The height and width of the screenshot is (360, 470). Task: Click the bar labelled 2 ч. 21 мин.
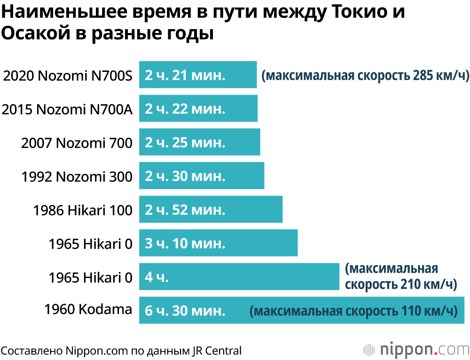pyautogui.click(x=198, y=75)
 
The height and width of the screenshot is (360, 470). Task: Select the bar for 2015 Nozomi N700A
pyautogui.click(x=198, y=109)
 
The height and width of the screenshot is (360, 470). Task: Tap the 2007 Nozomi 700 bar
pyautogui.click(x=200, y=142)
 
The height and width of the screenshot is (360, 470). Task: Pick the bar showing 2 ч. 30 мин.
pyautogui.click(x=202, y=176)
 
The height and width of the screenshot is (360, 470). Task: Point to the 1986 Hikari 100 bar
pyautogui.click(x=211, y=210)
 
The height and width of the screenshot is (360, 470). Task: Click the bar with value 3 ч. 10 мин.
pyautogui.click(x=218, y=243)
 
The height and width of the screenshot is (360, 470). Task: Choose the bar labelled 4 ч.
pyautogui.click(x=239, y=277)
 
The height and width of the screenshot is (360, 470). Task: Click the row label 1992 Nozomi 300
pyautogui.click(x=77, y=176)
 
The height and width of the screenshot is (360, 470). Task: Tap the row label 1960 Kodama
pyautogui.click(x=88, y=310)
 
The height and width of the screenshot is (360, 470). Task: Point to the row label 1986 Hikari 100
pyautogui.click(x=83, y=210)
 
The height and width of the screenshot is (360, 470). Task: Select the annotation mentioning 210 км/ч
pyautogui.click(x=400, y=277)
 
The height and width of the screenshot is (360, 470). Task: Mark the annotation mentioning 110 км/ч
pyautogui.click(x=353, y=311)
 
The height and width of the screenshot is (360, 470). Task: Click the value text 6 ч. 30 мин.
pyautogui.click(x=185, y=311)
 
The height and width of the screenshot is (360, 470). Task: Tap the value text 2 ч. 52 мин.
pyautogui.click(x=185, y=210)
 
